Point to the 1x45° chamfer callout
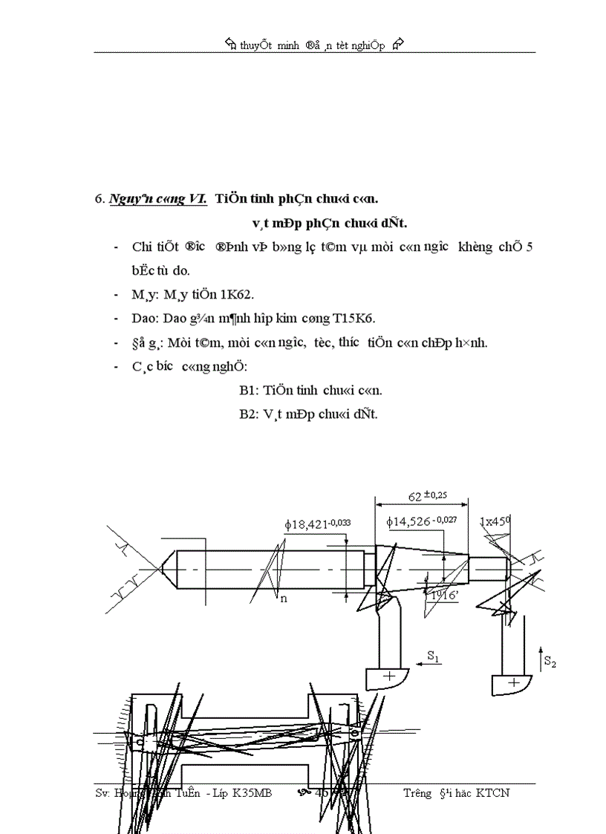tap(496, 521)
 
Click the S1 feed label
tap(433, 656)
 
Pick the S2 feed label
tap(550, 660)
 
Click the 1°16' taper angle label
tap(445, 593)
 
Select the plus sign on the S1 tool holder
tap(388, 676)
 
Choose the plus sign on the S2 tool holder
tap(512, 681)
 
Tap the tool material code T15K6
tap(355, 318)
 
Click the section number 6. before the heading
tap(99, 199)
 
